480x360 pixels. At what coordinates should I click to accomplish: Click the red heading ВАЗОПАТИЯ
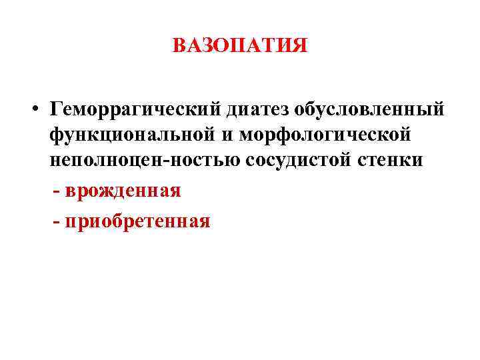pos(240,46)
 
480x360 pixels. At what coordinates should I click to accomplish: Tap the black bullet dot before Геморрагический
pos(41,109)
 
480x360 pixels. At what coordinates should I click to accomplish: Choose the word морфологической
pos(324,135)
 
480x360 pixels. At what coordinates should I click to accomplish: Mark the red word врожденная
pos(123,191)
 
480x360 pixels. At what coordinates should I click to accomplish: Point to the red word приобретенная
pos(138,220)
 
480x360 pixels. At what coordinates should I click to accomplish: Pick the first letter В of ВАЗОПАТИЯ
pos(179,46)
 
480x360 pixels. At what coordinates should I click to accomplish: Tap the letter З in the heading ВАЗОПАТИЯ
pos(207,46)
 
